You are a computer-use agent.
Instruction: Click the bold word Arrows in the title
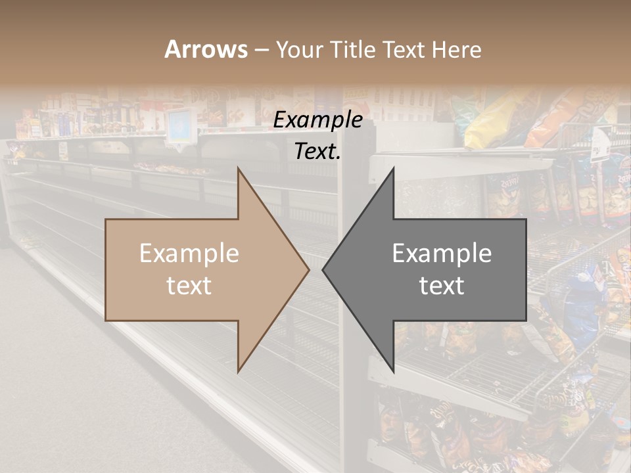206,49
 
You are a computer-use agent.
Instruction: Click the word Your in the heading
299,49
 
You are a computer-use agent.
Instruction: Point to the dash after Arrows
261,51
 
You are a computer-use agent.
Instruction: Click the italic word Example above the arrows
317,120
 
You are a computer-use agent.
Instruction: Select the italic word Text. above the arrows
317,151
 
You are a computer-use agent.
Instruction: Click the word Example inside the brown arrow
189,254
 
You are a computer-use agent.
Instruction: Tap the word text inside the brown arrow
189,286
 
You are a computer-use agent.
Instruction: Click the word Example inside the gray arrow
442,254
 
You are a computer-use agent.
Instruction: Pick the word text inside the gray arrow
442,286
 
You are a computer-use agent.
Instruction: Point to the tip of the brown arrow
308,269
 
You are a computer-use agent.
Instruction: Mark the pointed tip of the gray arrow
324,269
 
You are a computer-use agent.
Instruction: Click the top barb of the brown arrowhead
239,171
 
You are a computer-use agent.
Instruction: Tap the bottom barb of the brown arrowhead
239,369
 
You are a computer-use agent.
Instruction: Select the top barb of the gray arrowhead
392,171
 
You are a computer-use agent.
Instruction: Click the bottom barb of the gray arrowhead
392,369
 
